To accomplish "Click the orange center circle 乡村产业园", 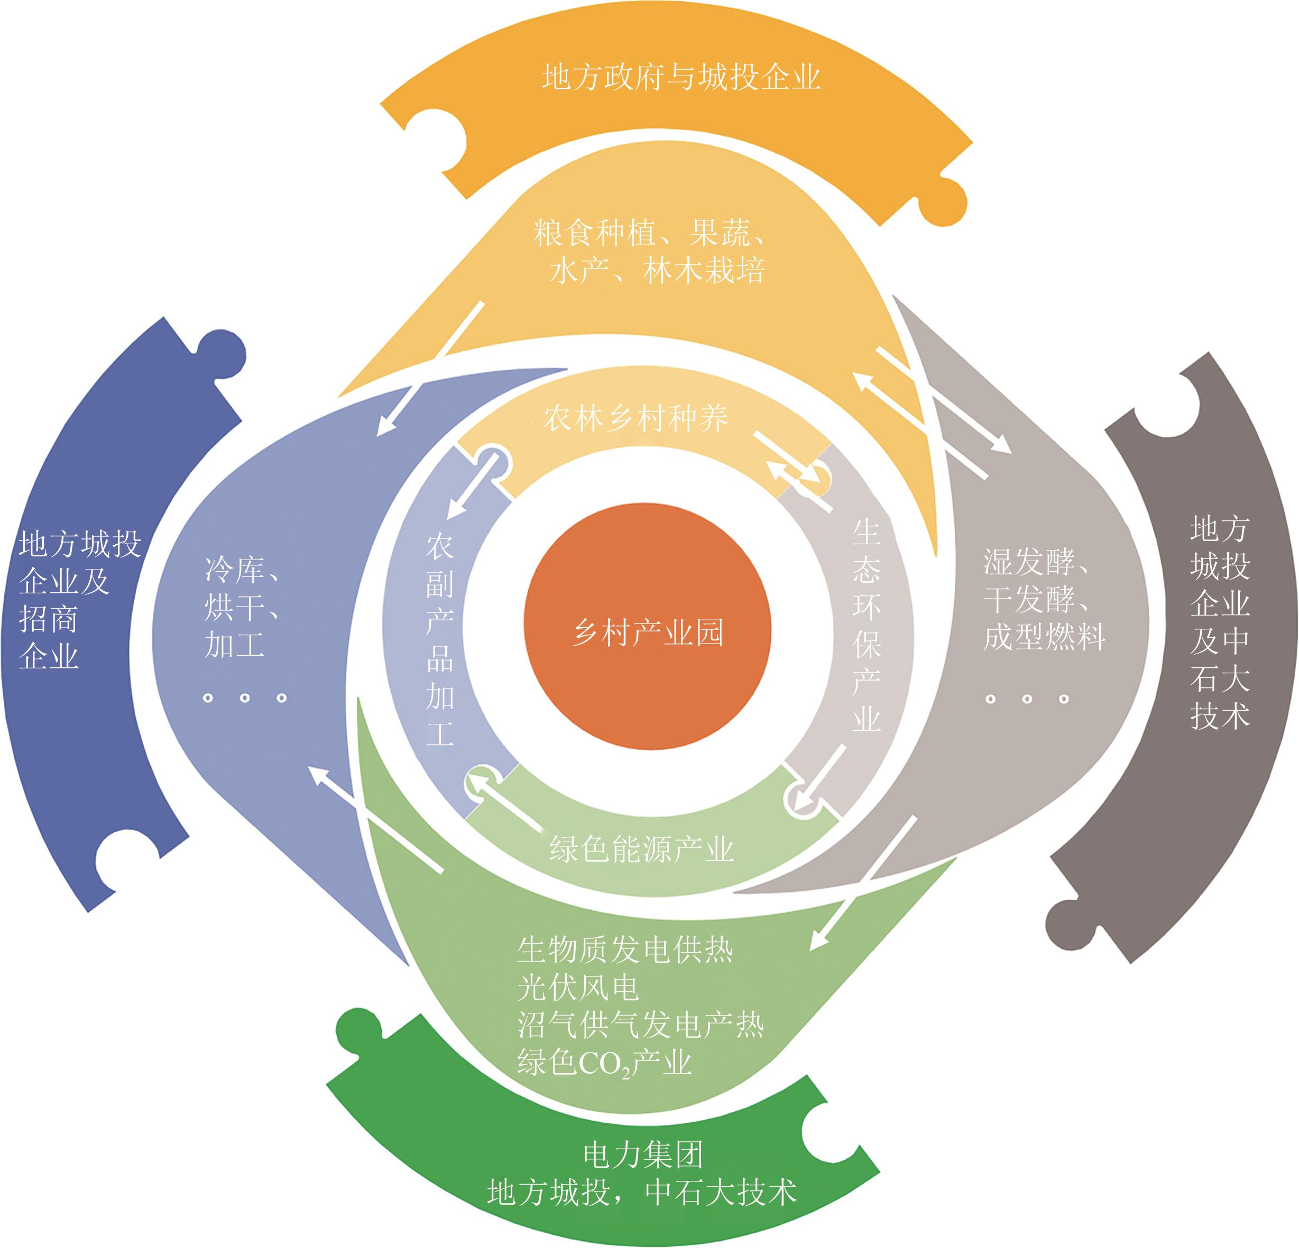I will point(648,626).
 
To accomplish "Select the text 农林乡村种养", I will point(635,418).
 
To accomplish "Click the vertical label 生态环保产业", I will point(866,626).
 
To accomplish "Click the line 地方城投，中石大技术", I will point(641,1193).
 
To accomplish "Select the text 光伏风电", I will point(578,988).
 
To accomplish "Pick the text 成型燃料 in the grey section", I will point(1045,637).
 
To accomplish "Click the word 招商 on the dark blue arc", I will point(49,619).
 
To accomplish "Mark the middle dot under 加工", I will point(245,698).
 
